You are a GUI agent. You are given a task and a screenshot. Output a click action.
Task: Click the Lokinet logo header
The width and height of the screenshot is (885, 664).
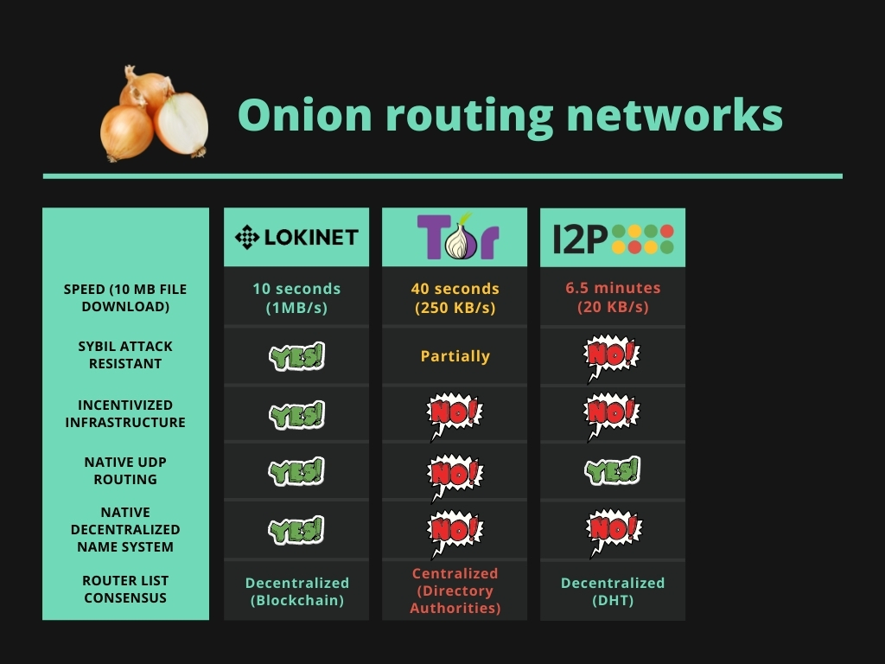296,237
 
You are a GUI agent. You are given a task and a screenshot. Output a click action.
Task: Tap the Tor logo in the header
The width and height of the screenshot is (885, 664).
455,236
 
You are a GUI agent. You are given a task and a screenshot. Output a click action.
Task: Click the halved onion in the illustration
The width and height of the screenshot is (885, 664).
182,123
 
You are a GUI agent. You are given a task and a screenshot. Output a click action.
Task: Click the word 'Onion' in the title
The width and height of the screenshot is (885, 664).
299,115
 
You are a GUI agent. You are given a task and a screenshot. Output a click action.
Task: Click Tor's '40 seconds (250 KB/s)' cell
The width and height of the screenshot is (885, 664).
455,297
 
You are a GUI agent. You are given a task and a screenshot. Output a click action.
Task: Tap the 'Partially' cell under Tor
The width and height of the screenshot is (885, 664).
455,356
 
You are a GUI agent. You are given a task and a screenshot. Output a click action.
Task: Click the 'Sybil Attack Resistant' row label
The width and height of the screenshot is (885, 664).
125,354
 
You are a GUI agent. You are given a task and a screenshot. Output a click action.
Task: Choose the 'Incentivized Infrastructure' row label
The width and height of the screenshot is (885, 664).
125,413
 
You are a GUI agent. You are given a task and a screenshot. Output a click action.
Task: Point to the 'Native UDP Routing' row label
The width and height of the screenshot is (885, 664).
125,470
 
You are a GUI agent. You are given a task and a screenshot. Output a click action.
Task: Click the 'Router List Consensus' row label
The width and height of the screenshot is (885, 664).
125,589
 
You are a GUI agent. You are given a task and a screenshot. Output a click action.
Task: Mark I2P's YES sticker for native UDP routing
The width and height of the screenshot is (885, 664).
613,470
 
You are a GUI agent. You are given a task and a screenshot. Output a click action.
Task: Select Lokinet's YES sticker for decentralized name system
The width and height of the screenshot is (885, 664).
296,530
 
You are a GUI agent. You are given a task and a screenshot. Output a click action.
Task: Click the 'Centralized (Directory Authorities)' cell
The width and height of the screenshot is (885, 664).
455,591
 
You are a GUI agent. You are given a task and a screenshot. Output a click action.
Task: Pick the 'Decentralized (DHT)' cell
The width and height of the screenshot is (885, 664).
613,591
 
